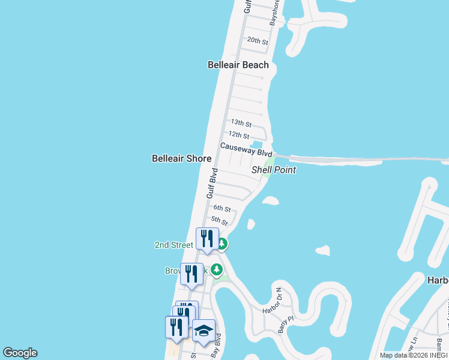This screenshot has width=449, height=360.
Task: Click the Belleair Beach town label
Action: coord(238,65)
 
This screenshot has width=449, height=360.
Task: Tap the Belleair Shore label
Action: coord(181,158)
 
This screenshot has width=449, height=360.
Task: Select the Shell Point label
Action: coord(274,170)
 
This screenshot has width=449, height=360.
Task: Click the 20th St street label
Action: coord(258,41)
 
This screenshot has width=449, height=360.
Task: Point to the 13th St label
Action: coord(241,122)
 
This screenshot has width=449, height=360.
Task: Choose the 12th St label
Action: coord(238,135)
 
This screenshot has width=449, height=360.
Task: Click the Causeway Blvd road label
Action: coord(246,149)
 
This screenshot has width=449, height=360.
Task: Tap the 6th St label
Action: coord(221,208)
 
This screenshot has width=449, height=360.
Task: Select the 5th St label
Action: coord(219,221)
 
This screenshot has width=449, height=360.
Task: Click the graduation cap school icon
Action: coord(203,331)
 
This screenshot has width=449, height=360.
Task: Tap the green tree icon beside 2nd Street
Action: coord(222,244)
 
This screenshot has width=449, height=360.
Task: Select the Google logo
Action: coord(20,353)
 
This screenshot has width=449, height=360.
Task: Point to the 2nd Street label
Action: coord(173,245)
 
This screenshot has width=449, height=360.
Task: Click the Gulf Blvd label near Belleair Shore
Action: coord(211,184)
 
